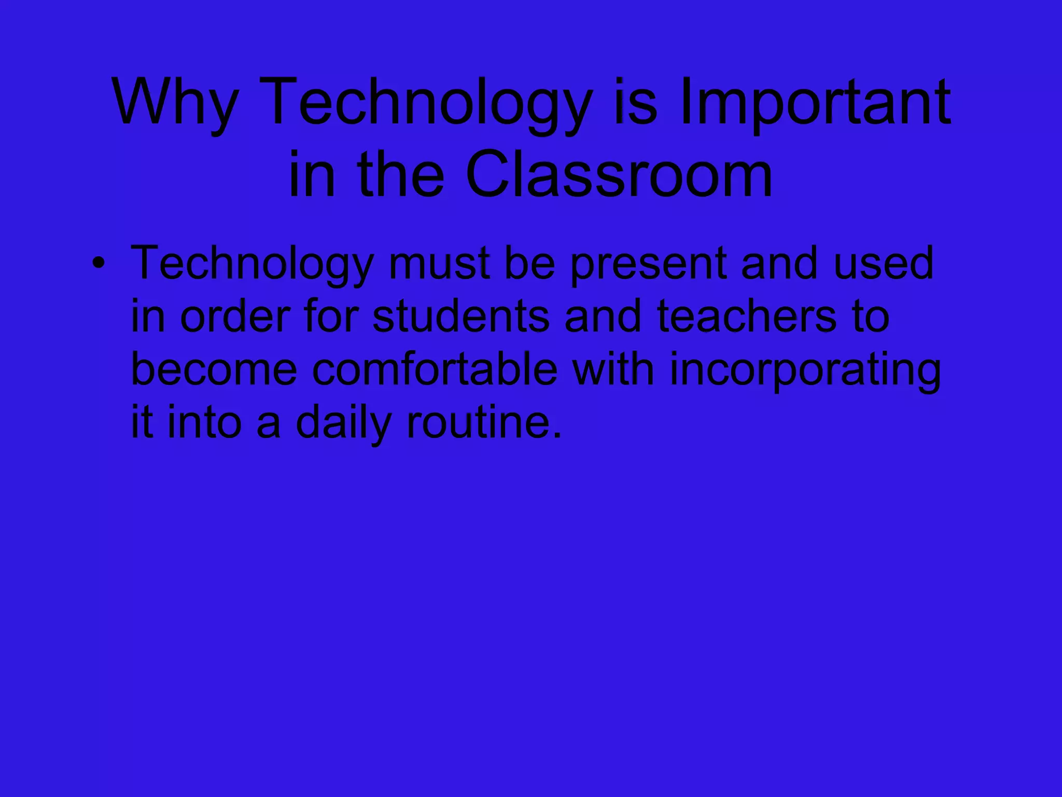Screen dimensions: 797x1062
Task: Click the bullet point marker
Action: pos(97,263)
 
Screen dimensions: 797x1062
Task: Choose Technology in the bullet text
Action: pos(252,264)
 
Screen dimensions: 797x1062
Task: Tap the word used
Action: pos(884,264)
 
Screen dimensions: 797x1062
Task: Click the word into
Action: pos(205,422)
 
